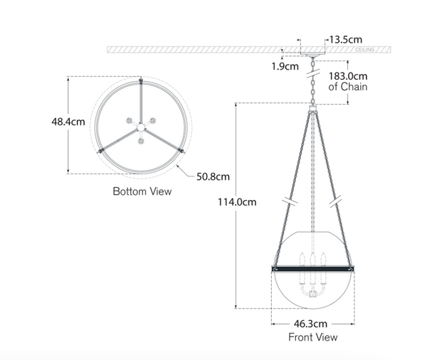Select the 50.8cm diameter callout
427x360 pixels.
213,176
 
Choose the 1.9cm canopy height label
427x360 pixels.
285,67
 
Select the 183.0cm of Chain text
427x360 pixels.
348,81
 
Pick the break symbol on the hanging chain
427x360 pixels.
312,71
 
